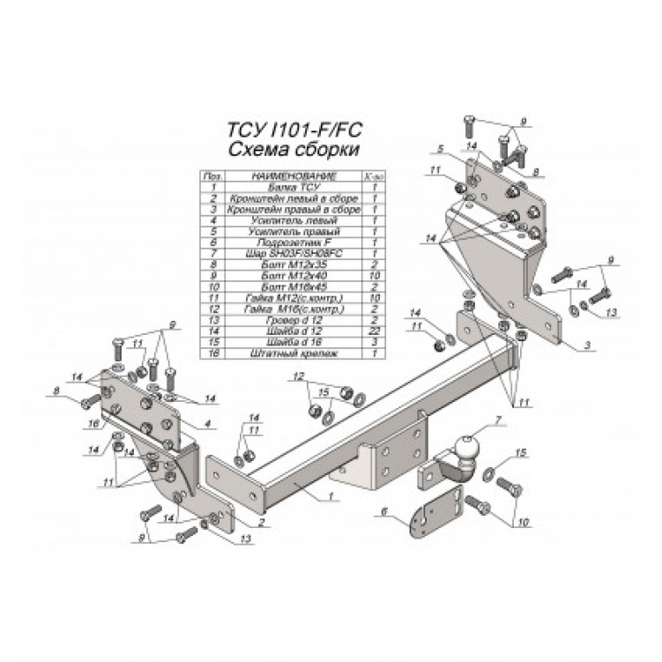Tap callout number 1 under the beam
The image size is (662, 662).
click(x=331, y=497)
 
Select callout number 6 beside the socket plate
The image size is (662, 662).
click(x=385, y=510)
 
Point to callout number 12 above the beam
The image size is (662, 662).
click(x=299, y=377)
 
